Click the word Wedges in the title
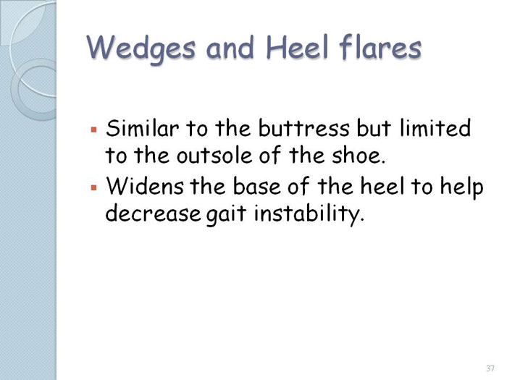[x=141, y=48]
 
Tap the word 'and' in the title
[x=230, y=47]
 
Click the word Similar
[x=142, y=128]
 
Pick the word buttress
[x=304, y=128]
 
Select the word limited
[x=435, y=128]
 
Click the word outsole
[x=214, y=156]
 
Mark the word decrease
[x=153, y=214]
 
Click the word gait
[x=226, y=215]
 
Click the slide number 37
[x=490, y=368]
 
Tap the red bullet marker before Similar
[x=94, y=130]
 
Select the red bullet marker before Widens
[x=94, y=187]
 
